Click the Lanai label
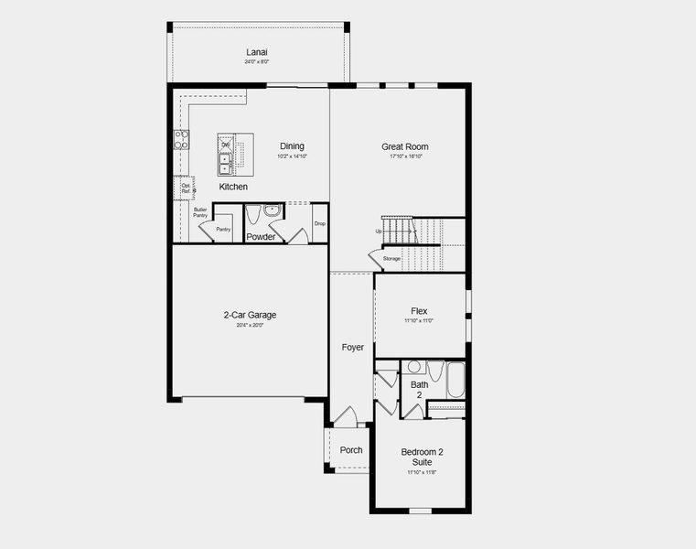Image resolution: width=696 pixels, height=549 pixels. coord(255,51)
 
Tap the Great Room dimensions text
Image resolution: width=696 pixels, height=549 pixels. coord(404,156)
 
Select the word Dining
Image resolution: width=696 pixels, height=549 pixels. coord(292,145)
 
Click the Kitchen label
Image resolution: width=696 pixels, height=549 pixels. coord(233,187)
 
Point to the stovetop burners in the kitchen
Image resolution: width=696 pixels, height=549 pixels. coord(181,140)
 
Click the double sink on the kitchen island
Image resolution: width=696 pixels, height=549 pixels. coord(224,163)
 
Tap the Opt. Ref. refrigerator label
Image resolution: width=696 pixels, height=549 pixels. coord(186,188)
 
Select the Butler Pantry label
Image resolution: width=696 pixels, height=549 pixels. coord(200,212)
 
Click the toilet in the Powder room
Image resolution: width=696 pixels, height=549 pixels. coord(253,216)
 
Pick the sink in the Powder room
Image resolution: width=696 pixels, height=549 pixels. coord(272,210)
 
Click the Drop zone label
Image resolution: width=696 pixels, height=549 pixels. coord(319,223)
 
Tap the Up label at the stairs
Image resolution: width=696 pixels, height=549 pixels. coord(379,231)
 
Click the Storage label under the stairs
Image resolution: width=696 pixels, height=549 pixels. coord(391,259)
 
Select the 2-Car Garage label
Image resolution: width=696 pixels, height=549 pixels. coord(250,315)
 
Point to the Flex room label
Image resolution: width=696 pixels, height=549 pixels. coord(419,311)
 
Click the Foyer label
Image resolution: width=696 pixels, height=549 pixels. coord(352,347)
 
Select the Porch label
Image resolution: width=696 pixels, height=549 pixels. coord(350,449)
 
